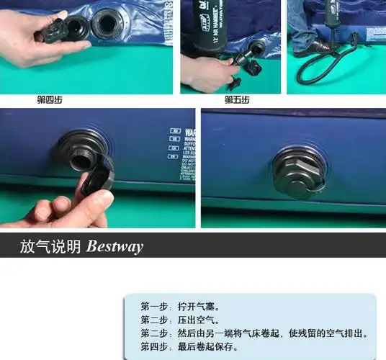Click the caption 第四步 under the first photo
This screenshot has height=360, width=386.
[49, 99]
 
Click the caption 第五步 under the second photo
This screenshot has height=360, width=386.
[236, 99]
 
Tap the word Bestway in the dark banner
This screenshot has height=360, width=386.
[115, 247]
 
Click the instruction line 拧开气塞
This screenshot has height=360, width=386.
[179, 305]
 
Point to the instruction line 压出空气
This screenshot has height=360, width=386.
[179, 320]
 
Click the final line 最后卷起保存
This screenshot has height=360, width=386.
[189, 347]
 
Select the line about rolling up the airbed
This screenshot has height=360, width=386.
[256, 333]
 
